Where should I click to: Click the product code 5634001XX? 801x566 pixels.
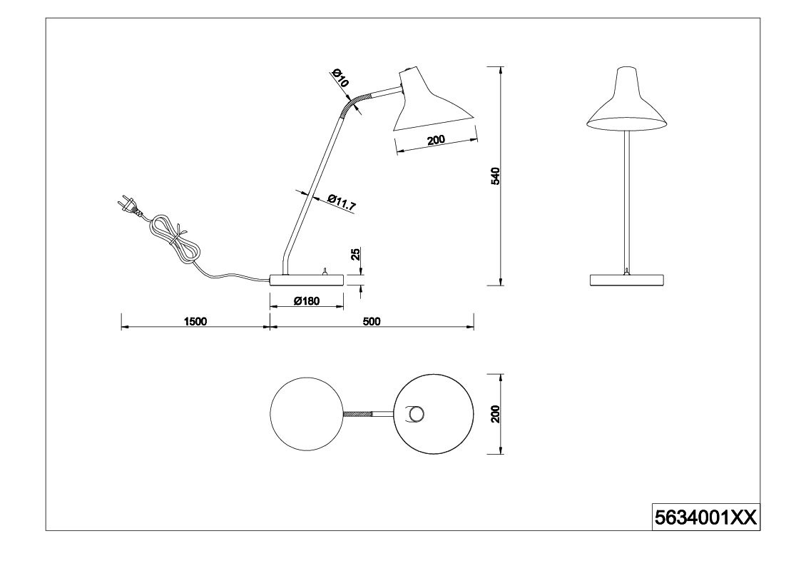[x=705, y=518]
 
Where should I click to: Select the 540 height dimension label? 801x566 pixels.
[x=495, y=176]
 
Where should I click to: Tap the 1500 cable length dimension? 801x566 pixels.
[x=195, y=321]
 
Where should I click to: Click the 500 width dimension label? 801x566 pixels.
[x=372, y=321]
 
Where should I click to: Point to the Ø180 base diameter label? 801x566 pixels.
[x=307, y=301]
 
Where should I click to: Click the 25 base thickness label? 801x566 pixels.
[x=357, y=254]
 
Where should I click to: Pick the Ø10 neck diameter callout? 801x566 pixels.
[x=340, y=78]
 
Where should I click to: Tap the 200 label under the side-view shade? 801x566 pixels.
[x=436, y=140]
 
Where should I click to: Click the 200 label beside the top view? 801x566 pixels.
[x=495, y=414]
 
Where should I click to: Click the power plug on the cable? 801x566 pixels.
[x=130, y=205]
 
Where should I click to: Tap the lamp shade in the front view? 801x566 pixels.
[x=627, y=98]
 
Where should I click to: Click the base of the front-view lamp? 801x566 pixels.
[x=627, y=281]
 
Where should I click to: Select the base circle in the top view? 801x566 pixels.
[x=307, y=414]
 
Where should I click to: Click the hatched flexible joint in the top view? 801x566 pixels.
[x=358, y=414]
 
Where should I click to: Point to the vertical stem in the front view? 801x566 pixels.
[x=627, y=202]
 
